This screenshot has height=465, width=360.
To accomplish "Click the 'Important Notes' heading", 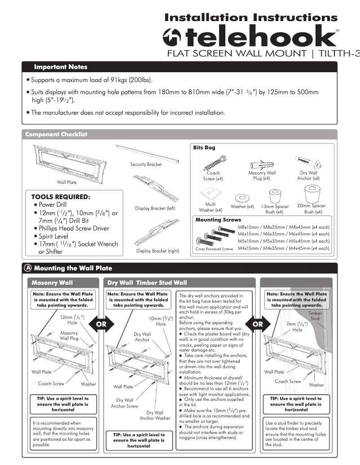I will coord(61,67).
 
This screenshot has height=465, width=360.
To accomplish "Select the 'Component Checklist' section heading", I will coord(56,135).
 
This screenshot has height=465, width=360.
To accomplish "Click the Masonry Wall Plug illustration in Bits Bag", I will coord(261,162).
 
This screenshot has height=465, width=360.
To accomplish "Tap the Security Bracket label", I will coord(146,165).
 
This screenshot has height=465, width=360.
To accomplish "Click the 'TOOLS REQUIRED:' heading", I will coord(61,197).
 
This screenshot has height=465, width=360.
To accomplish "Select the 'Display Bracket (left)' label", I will coord(155,208).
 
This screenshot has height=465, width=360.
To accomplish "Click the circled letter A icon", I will coord(28,268).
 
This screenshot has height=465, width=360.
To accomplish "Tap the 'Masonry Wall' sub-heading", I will coord(52,283).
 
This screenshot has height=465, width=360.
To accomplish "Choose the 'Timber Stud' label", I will coord(315,316).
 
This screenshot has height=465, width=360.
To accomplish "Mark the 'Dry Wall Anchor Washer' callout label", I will coord(154,415).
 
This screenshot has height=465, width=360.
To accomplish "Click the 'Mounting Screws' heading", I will coord(218,220).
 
